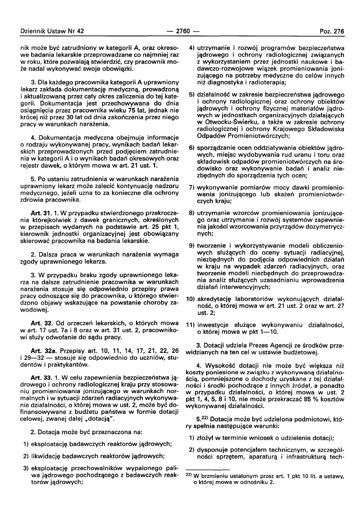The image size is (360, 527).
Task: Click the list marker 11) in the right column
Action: (192, 325)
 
